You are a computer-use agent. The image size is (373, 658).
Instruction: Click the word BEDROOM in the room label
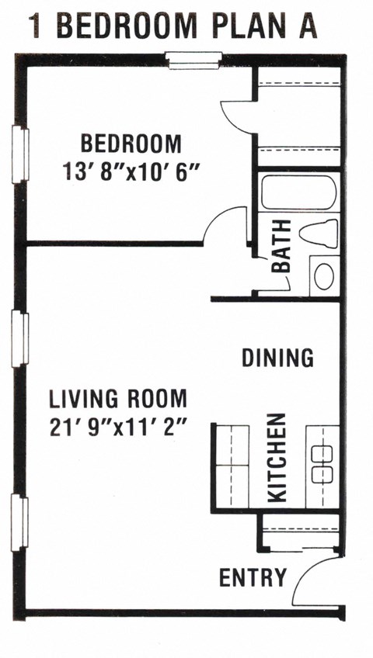[131, 144]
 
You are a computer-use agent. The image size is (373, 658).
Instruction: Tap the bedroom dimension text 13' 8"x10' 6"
[131, 171]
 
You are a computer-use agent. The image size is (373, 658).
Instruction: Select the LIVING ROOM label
[118, 399]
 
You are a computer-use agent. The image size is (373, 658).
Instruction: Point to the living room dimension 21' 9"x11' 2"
[118, 428]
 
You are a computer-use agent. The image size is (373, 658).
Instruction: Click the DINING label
[277, 358]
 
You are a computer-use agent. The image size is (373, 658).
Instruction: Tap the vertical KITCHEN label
[277, 458]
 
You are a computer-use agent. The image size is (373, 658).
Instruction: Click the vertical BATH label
[281, 246]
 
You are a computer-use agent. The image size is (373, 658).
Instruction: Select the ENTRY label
[253, 577]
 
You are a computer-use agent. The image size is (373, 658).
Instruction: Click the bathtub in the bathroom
[298, 192]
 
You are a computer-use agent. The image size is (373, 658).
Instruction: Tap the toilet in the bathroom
[319, 233]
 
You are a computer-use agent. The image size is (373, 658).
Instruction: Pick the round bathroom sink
[324, 276]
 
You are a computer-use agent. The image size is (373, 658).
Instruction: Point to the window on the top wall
[193, 61]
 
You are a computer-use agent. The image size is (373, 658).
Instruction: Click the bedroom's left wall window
[20, 154]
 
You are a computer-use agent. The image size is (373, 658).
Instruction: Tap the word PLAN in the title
[249, 26]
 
